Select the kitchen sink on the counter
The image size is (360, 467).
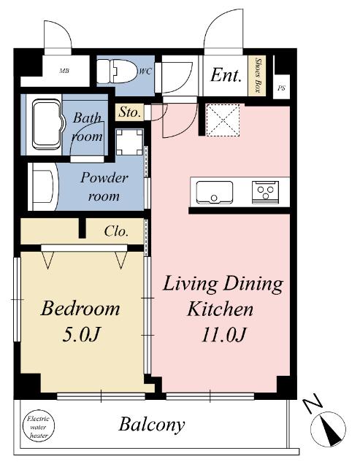(214, 192)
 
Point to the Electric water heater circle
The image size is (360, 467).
(39, 427)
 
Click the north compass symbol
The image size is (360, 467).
(328, 429)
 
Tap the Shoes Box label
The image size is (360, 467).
(258, 75)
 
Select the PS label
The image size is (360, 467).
(281, 88)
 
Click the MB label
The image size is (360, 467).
(64, 71)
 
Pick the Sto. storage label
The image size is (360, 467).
(130, 112)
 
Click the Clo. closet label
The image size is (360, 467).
(117, 231)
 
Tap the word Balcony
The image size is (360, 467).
(152, 425)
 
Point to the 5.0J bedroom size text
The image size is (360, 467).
(81, 334)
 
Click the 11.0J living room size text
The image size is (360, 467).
(223, 334)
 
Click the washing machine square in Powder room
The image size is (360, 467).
(130, 142)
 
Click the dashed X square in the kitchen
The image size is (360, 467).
(223, 120)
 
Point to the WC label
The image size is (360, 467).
(145, 72)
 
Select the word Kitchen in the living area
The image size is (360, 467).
(221, 309)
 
